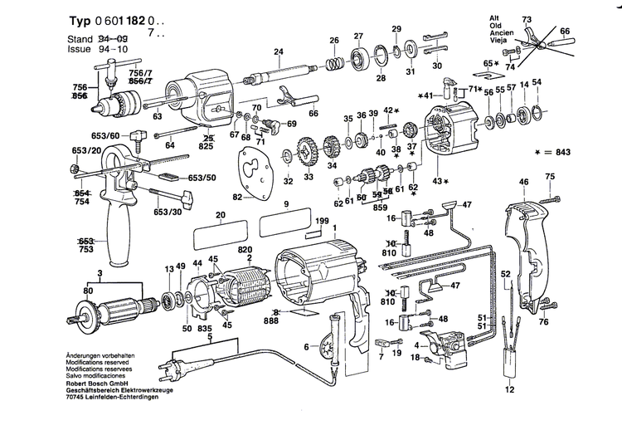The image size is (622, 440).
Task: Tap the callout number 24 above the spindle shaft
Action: point(279,52)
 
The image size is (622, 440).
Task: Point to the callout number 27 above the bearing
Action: point(359,36)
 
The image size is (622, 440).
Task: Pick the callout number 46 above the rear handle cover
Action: point(523,181)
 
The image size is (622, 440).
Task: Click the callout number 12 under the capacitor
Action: point(510,413)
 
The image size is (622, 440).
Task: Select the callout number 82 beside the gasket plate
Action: point(237,197)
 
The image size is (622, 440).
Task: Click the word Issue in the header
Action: point(77,49)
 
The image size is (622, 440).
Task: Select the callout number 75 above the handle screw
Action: point(549,175)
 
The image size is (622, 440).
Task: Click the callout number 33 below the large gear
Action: point(309,178)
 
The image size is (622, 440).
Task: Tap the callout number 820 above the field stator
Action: point(245,249)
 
